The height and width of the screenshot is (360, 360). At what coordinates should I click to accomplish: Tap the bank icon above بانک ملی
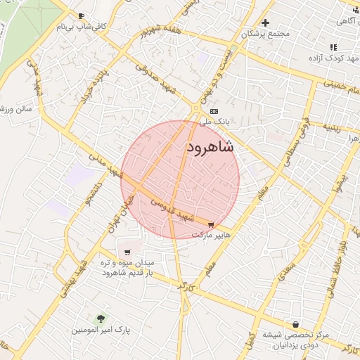coord(214,111)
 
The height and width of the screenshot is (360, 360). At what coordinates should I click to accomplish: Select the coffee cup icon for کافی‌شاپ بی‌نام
coord(82,16)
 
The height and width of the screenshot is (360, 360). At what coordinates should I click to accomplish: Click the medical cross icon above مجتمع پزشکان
coord(265,22)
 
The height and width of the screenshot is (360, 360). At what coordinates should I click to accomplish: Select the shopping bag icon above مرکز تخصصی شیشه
coord(296,324)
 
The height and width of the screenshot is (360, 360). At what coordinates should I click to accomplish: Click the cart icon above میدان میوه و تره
coord(127,251)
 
